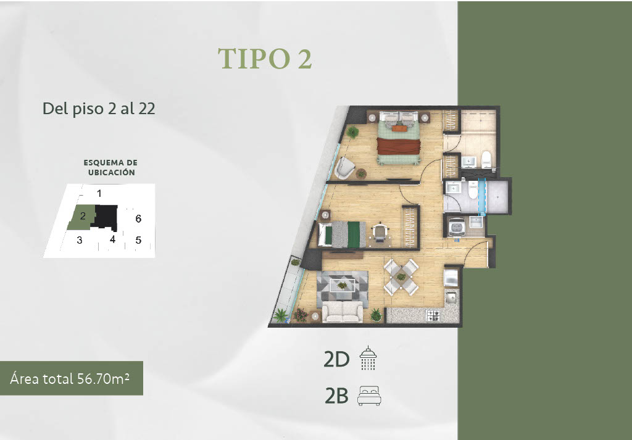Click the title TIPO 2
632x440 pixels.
click(x=265, y=59)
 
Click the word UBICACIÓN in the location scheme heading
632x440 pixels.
click(x=112, y=172)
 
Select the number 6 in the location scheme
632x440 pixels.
click(x=138, y=218)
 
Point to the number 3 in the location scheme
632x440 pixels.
click(x=80, y=240)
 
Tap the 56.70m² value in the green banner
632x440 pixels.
click(x=102, y=378)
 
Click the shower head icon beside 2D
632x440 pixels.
click(x=368, y=357)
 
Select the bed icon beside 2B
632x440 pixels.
click(x=369, y=396)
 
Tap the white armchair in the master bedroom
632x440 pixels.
click(x=344, y=167)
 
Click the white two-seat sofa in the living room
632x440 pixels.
click(x=343, y=312)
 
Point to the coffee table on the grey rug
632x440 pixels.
click(x=342, y=286)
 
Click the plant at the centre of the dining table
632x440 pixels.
click(x=401, y=277)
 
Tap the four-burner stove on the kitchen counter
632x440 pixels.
click(x=434, y=315)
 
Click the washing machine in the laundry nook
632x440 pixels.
click(x=456, y=227)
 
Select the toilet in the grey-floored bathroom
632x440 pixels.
click(x=473, y=190)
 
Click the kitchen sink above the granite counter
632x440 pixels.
click(x=451, y=298)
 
